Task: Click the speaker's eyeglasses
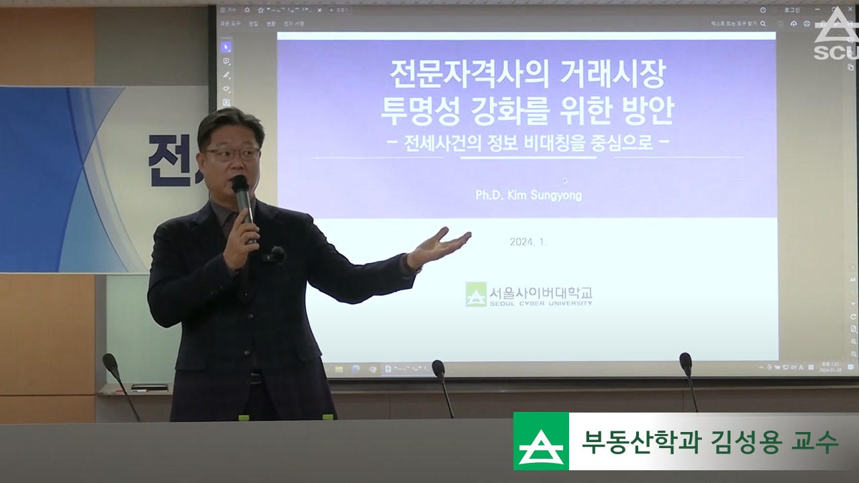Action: click(x=232, y=154)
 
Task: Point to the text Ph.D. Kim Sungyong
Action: click(x=528, y=196)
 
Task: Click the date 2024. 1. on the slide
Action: click(x=528, y=242)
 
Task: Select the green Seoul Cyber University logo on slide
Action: click(x=476, y=294)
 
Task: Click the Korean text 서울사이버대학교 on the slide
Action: click(x=541, y=292)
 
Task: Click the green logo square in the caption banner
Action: click(x=541, y=441)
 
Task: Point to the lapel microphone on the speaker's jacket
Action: click(x=276, y=254)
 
